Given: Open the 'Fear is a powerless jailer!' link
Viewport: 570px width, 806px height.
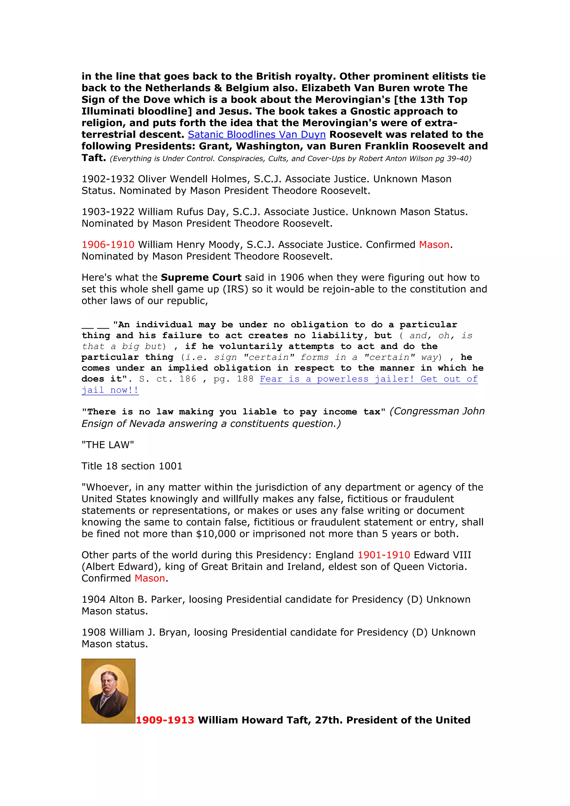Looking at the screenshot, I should click(x=368, y=379).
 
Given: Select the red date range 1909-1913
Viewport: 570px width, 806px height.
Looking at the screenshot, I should click(x=165, y=720).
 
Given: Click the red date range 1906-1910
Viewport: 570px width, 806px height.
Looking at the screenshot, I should click(x=108, y=245).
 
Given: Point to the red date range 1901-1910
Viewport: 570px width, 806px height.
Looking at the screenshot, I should click(x=384, y=555).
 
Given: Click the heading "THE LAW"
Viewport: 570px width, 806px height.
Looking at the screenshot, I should click(x=107, y=445).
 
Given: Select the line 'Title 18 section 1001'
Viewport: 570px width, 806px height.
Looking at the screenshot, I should click(x=132, y=466).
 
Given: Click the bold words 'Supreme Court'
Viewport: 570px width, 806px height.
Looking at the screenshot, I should click(x=201, y=278).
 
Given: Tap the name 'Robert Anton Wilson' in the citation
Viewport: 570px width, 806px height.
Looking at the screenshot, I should click(x=395, y=159).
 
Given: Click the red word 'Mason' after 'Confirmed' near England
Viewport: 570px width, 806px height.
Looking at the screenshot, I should click(x=150, y=578).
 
